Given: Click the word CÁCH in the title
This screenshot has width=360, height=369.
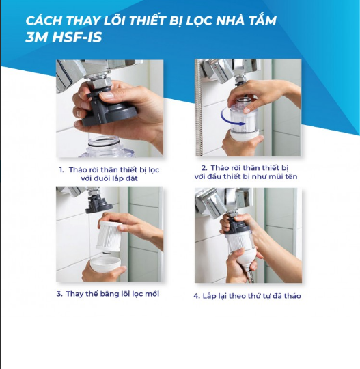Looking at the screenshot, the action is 43,20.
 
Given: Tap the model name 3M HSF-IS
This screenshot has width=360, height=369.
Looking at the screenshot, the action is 64,38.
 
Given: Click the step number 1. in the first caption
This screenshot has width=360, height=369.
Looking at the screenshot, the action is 61,170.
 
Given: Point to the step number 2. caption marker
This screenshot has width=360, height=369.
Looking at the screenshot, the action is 204,168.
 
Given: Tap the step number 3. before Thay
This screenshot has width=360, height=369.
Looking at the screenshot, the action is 59,294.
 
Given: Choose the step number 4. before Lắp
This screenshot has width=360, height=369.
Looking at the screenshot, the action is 197,296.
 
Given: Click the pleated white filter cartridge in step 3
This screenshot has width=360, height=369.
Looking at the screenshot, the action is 109,236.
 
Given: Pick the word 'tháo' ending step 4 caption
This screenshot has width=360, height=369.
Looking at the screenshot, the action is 292,296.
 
